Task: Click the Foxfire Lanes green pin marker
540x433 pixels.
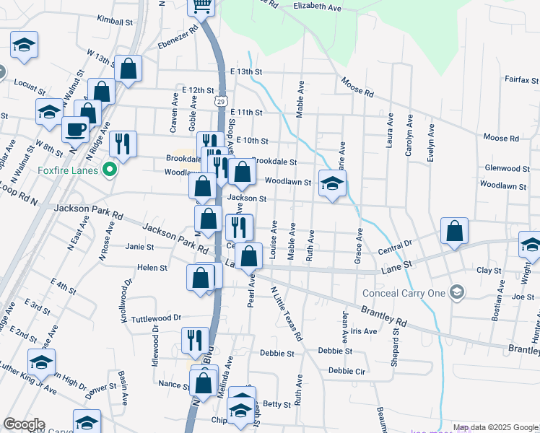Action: (110, 171)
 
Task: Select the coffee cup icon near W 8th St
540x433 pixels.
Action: (75, 130)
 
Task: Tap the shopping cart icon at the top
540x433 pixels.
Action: (202, 6)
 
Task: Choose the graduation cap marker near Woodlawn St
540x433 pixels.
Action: (332, 184)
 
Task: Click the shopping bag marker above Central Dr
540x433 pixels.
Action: (455, 232)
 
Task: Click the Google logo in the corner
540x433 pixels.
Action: (25, 424)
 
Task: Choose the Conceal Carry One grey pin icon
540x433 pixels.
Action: (456, 292)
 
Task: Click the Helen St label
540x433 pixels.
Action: (152, 267)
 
